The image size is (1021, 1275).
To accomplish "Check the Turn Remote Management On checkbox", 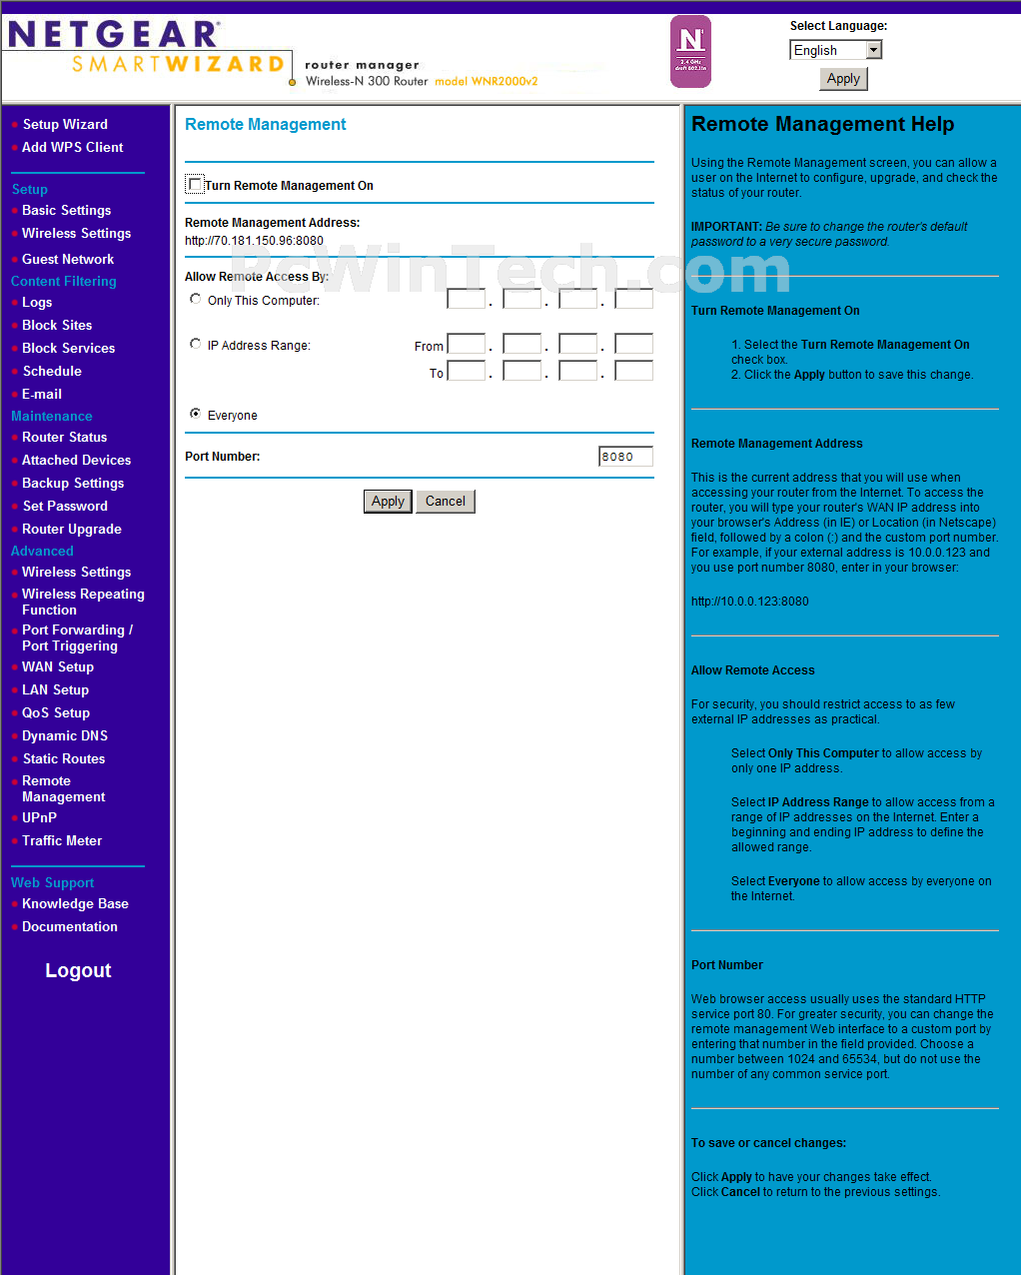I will click(x=195, y=185).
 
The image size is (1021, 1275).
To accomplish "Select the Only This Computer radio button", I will click(x=196, y=299).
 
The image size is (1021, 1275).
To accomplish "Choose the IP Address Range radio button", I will click(x=196, y=344).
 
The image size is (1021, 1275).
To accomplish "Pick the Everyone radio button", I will click(x=196, y=414).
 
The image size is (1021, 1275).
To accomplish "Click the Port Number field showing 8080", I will click(x=625, y=457).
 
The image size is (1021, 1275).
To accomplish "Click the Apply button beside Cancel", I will click(x=388, y=502).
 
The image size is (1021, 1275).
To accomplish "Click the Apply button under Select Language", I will click(x=843, y=79).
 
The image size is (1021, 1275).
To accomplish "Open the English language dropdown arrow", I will click(x=874, y=50).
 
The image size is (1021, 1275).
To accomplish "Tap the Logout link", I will click(x=78, y=970).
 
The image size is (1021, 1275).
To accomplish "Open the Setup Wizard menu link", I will click(x=65, y=124).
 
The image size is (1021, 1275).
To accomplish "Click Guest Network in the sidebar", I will click(x=68, y=259).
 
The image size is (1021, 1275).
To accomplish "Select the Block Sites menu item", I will click(x=57, y=325).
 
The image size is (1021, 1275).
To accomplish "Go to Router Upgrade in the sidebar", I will click(x=72, y=529).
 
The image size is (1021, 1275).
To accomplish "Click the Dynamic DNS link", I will click(x=65, y=735).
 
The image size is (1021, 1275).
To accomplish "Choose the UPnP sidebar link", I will click(x=40, y=817).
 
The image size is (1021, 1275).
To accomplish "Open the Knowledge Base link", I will click(x=75, y=903).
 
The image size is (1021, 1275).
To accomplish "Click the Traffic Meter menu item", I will click(x=62, y=840).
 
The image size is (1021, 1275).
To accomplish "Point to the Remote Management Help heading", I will click(x=822, y=124).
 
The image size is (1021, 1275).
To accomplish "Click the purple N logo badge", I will click(x=690, y=51).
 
